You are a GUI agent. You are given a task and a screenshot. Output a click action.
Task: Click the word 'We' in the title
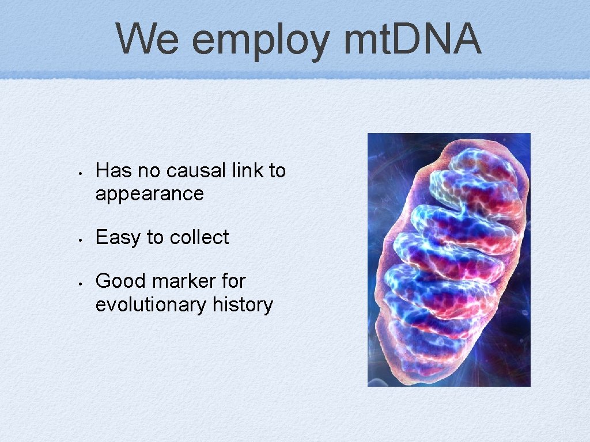pyautogui.click(x=148, y=39)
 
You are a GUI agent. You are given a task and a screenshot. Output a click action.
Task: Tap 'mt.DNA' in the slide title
pyautogui.click(x=412, y=39)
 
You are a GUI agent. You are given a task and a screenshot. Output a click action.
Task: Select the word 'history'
pyautogui.click(x=243, y=304)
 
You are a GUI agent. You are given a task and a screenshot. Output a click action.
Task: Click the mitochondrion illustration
pyautogui.click(x=449, y=260)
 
